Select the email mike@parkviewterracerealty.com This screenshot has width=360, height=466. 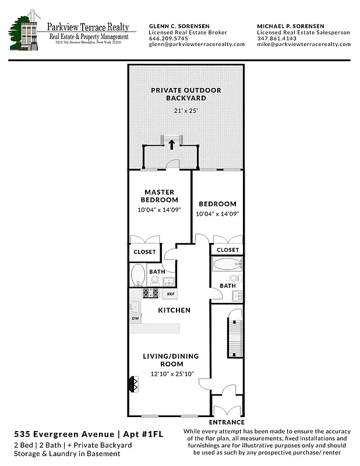coord(303,44)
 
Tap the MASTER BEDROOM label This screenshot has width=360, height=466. coord(159,196)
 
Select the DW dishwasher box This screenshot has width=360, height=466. coord(135,319)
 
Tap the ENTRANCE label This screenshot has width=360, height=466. coord(227,422)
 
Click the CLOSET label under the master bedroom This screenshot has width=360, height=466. coord(145,252)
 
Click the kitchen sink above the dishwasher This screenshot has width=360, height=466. coord(135,306)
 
